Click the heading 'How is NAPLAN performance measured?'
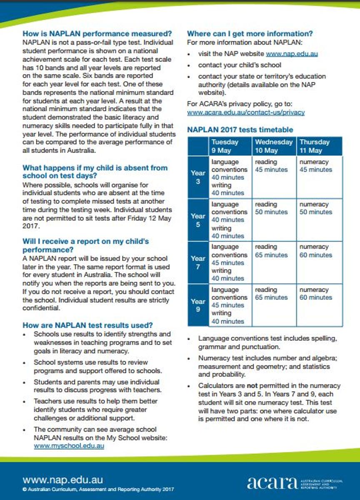[97, 34]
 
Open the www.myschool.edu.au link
[69, 445]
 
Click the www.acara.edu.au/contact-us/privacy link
[246, 112]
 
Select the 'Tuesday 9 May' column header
[225, 146]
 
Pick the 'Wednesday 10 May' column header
[274, 146]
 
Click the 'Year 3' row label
[198, 177]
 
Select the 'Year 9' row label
[198, 305]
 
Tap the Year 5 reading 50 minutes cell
[271, 208]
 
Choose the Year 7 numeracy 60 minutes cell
[315, 251]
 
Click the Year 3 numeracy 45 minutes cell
[315, 165]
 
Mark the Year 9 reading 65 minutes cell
[271, 293]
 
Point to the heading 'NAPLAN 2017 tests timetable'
[240, 130]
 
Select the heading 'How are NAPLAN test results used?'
[87, 325]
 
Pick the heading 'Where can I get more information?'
[250, 34]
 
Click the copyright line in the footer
[98, 490]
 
